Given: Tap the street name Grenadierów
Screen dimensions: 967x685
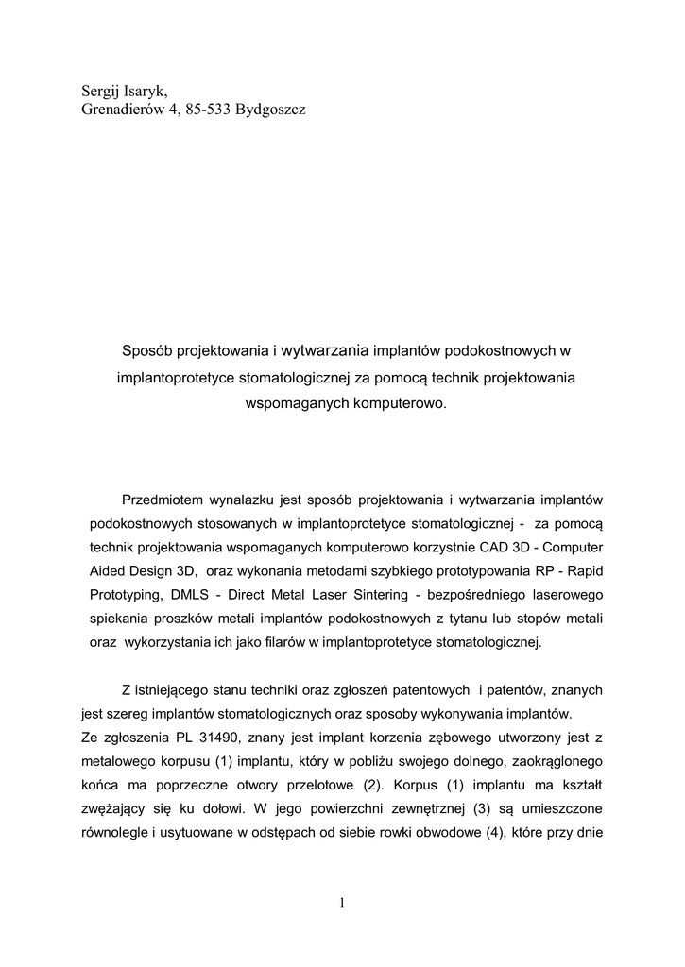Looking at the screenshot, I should point(117,110).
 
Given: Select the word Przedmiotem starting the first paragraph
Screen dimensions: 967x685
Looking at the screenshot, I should point(167,499).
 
